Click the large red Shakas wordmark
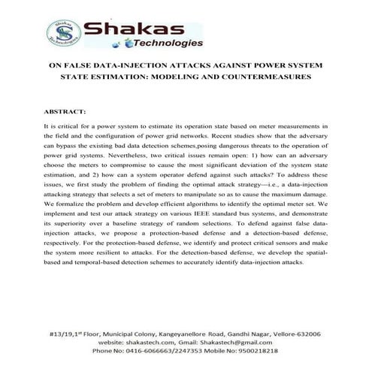coord(132,31)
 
